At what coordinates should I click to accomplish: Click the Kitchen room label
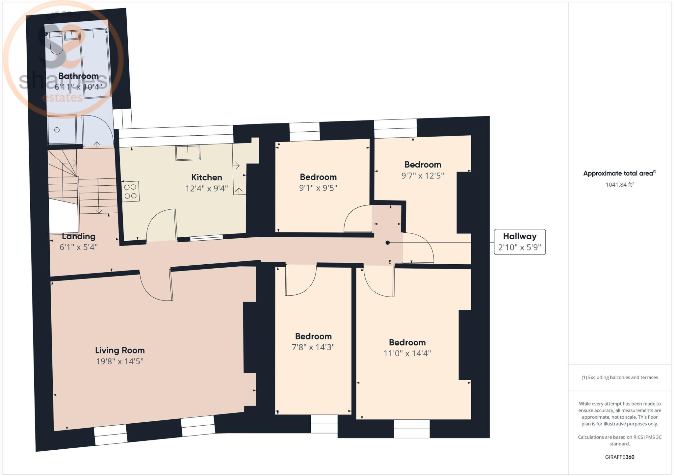(207, 177)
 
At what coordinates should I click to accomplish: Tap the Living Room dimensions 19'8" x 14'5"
(120, 361)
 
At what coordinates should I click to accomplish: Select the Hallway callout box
(520, 242)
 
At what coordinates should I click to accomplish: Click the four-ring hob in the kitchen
(131, 191)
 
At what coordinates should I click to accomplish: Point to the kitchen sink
(188, 152)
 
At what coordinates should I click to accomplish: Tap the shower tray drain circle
(57, 130)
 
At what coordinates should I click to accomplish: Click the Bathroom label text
(79, 76)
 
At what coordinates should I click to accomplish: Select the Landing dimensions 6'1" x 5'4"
(79, 247)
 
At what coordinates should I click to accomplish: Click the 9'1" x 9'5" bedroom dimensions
(318, 188)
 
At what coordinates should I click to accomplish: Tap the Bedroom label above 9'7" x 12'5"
(423, 165)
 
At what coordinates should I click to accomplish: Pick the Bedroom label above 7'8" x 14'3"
(313, 336)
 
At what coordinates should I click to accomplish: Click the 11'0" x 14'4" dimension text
(407, 353)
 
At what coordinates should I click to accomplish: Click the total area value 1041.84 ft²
(620, 184)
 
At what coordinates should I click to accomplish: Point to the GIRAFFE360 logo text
(620, 457)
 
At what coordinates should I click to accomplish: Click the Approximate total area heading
(620, 173)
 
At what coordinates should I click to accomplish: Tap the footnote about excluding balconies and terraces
(620, 377)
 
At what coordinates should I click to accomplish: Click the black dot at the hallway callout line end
(388, 243)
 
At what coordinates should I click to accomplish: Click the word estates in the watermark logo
(63, 98)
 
